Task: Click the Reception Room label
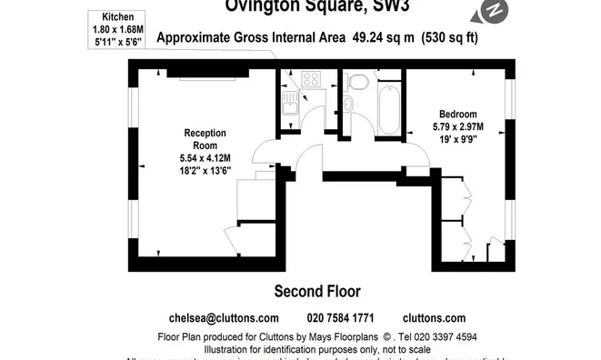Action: [x=205, y=139]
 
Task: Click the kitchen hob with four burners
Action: [x=310, y=78]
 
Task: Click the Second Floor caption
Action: [x=317, y=292]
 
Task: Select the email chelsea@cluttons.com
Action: [x=224, y=318]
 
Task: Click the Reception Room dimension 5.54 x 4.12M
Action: [x=205, y=158]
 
